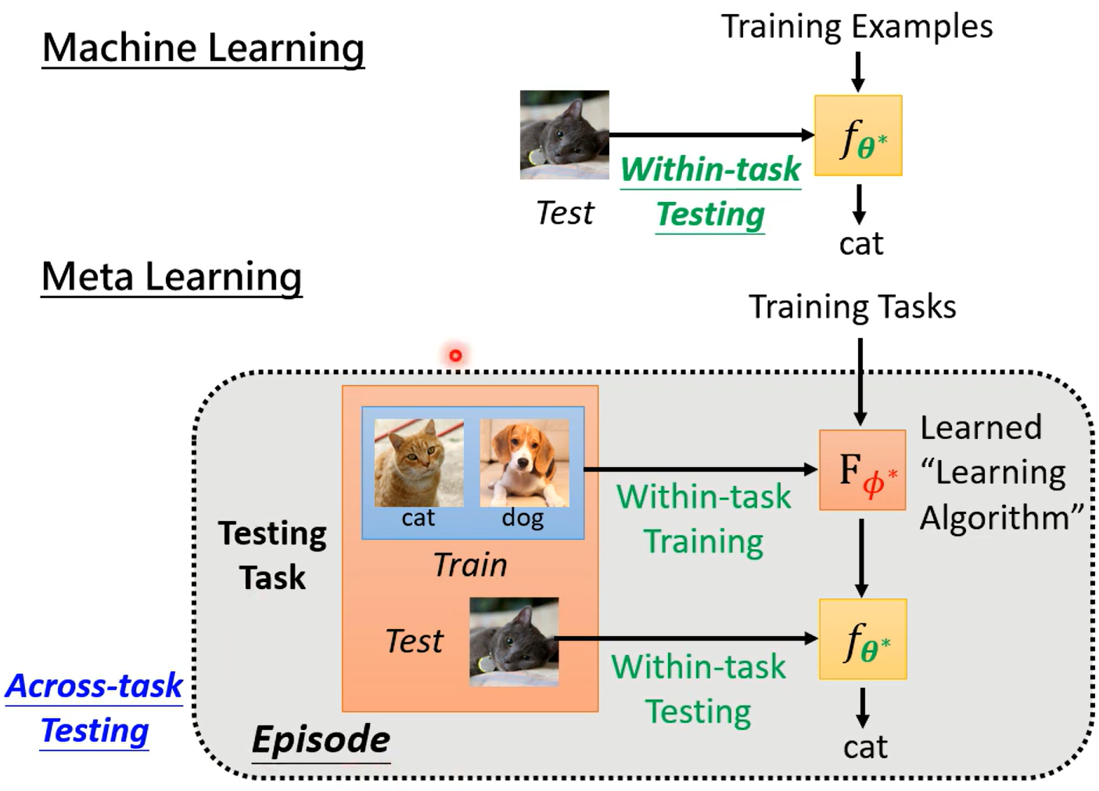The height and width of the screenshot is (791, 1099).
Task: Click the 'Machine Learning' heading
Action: point(203,48)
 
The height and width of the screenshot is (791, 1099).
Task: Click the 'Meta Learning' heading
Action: point(171,277)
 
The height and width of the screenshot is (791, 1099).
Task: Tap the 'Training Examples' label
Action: point(857,27)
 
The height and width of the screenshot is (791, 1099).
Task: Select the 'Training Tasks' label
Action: point(852,307)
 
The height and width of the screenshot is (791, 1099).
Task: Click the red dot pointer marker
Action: point(455,355)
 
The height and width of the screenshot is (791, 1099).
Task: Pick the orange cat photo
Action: point(418,462)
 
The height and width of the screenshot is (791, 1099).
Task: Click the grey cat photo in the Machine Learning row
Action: point(564,135)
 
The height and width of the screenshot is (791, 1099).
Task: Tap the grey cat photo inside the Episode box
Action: point(514,642)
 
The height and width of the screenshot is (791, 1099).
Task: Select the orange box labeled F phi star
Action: point(862,469)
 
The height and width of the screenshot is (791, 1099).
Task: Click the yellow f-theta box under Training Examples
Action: point(858,135)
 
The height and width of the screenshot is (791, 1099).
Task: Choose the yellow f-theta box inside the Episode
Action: point(863,638)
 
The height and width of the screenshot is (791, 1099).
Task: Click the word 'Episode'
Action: point(321,739)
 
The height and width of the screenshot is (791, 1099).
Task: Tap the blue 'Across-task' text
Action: point(94,686)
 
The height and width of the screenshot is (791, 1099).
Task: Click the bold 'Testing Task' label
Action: point(272,555)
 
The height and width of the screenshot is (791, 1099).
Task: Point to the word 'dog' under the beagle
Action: point(523,518)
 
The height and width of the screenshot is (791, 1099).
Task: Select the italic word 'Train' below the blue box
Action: point(470,565)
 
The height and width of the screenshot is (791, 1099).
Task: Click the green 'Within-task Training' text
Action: point(703,519)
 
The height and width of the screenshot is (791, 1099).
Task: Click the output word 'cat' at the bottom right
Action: point(864,747)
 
